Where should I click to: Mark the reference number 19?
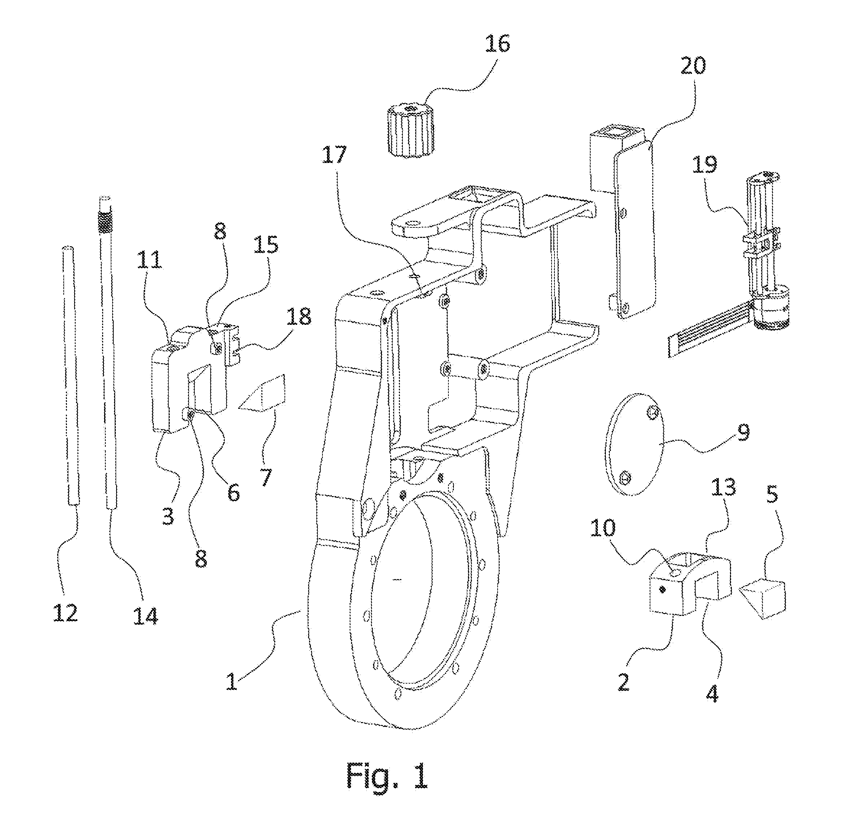tap(704, 164)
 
